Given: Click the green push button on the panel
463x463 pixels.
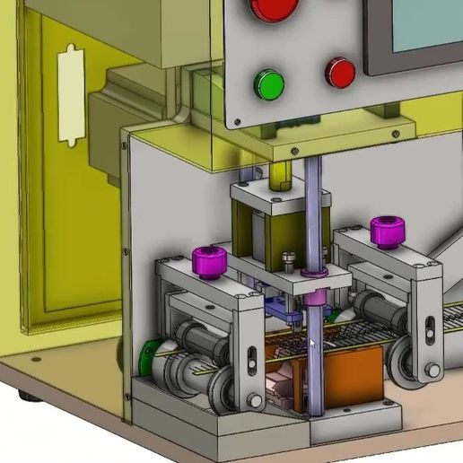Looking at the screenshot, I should click(x=268, y=84).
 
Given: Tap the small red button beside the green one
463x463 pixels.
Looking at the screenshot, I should click(x=340, y=73).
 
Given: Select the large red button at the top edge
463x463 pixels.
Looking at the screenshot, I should click(x=275, y=8).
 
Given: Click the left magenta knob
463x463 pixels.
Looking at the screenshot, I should click(x=207, y=262).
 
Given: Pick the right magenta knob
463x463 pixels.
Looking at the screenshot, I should click(x=386, y=231).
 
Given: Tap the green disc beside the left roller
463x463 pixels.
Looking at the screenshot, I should click(x=149, y=357).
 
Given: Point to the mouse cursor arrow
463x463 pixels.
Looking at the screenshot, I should click(x=312, y=344).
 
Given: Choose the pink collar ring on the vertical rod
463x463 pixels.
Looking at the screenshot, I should click(x=313, y=269).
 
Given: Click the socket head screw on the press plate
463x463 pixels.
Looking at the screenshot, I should click(x=287, y=260).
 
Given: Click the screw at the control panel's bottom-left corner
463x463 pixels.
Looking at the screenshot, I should click(x=236, y=119).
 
